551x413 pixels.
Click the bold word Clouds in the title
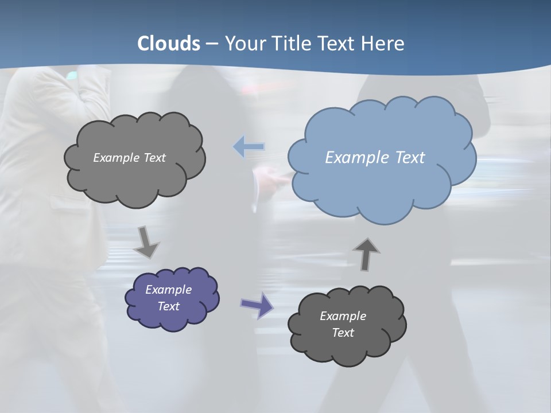[x=168, y=44]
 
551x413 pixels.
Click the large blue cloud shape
[x=381, y=184]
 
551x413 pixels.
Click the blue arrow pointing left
[x=249, y=147]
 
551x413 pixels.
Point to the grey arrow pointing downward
[x=146, y=243]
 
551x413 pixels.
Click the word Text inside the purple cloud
[x=169, y=306]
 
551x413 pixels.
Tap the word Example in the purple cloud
[x=168, y=290]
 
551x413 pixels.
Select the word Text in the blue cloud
[x=408, y=158]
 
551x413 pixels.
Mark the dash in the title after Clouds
[x=211, y=44]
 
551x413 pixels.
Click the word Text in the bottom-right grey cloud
[x=343, y=333]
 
